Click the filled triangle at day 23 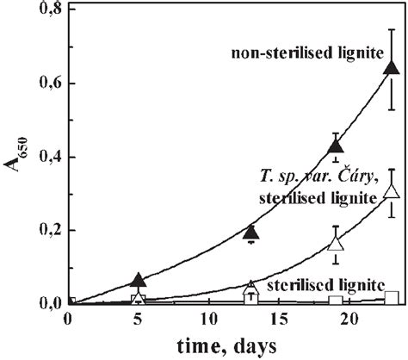pyautogui.click(x=392, y=67)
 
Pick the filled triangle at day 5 pyautogui.click(x=139, y=279)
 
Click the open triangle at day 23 pyautogui.click(x=392, y=191)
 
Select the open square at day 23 pyautogui.click(x=392, y=297)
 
